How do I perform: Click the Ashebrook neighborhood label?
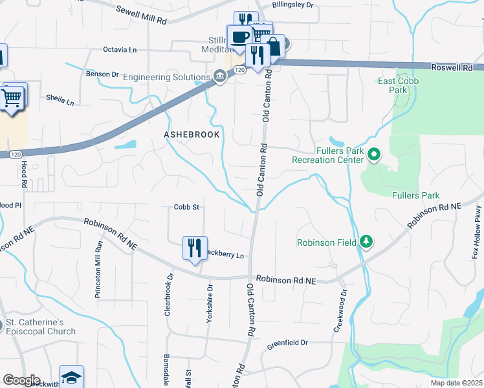tap(192, 135)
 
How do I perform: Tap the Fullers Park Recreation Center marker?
tap(374, 155)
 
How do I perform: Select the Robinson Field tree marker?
tap(367, 242)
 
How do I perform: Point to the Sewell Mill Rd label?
tap(141, 15)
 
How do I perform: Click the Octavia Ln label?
tap(120, 49)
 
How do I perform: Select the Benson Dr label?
tap(102, 74)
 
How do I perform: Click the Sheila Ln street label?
tap(60, 100)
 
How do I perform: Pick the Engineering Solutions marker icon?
tap(219, 77)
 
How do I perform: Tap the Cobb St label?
tap(186, 208)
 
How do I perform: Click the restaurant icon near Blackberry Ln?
tap(195, 248)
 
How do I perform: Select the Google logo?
tap(21, 380)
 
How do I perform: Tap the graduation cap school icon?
tap(71, 376)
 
